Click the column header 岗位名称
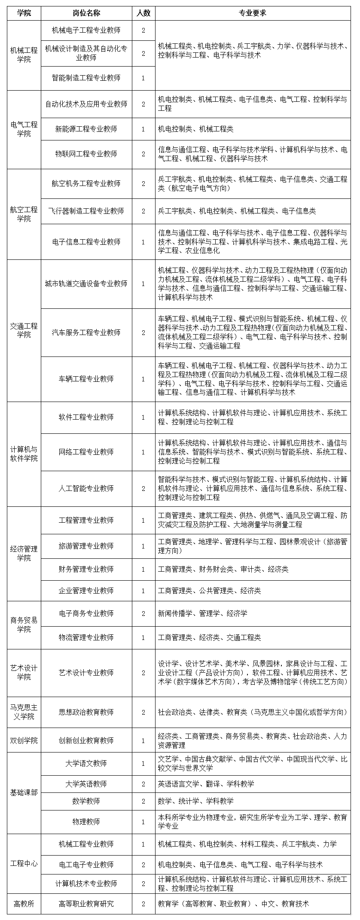click(x=86, y=13)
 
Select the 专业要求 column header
click(x=253, y=13)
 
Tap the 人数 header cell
click(x=143, y=13)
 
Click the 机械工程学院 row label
click(x=24, y=55)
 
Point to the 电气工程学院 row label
click(x=24, y=129)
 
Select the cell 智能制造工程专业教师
click(x=86, y=78)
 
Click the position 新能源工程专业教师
click(x=86, y=129)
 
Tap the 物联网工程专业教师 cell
click(x=86, y=154)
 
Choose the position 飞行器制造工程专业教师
click(x=86, y=211)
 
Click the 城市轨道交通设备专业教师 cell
click(x=86, y=283)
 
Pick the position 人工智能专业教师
click(x=86, y=488)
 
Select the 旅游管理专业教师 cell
click(x=86, y=546)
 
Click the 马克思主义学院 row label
click(x=24, y=712)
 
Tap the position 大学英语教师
click(x=86, y=784)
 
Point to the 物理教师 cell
click(x=86, y=822)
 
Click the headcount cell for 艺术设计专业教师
click(x=143, y=673)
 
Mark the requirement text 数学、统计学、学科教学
click(x=196, y=801)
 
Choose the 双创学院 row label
click(x=24, y=740)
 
